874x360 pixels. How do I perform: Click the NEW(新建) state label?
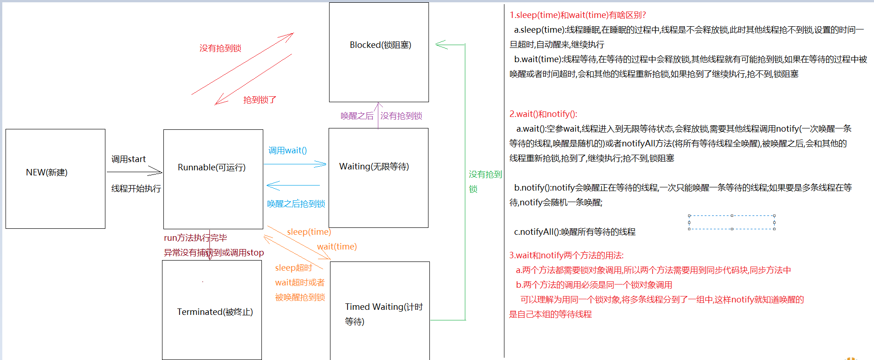pyautogui.click(x=46, y=173)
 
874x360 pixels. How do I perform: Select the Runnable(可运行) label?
pyautogui.click(x=212, y=168)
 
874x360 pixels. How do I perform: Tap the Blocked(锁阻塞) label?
pyautogui.click(x=380, y=45)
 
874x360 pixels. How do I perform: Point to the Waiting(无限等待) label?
pyautogui.click(x=374, y=167)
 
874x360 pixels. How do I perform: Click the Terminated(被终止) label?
pyautogui.click(x=215, y=312)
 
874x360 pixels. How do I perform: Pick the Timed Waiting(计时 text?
pyautogui.click(x=383, y=307)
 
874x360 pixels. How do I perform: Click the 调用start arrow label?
pyautogui.click(x=128, y=159)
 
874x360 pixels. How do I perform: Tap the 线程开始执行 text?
pyautogui.click(x=136, y=189)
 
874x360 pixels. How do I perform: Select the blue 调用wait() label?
pyautogui.click(x=288, y=151)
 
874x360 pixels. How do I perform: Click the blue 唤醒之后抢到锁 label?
pyautogui.click(x=296, y=204)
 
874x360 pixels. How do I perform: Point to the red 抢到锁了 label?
pyautogui.click(x=260, y=100)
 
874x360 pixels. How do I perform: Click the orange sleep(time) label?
pyautogui.click(x=309, y=232)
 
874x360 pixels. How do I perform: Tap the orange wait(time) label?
pyautogui.click(x=337, y=247)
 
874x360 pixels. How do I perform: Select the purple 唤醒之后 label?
pyautogui.click(x=357, y=116)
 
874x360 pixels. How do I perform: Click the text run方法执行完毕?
pyautogui.click(x=195, y=238)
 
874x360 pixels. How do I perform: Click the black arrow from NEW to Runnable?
pyautogui.click(x=134, y=172)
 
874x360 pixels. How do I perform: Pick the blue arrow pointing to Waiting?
pyautogui.click(x=295, y=164)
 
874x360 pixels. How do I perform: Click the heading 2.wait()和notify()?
pyautogui.click(x=543, y=114)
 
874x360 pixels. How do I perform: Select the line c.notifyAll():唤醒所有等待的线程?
pyautogui.click(x=574, y=232)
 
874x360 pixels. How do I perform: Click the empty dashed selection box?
pyautogui.click(x=731, y=222)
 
